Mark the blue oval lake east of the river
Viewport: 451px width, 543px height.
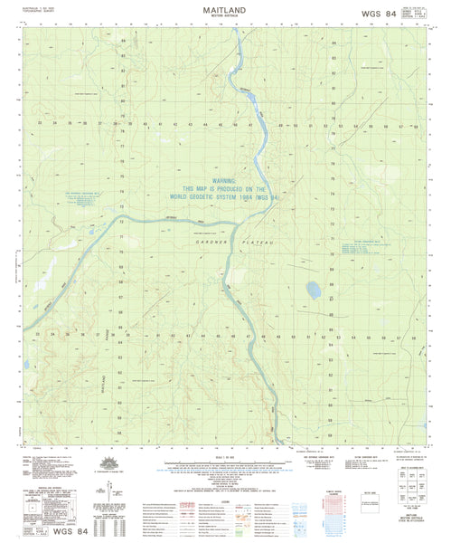(314, 291)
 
